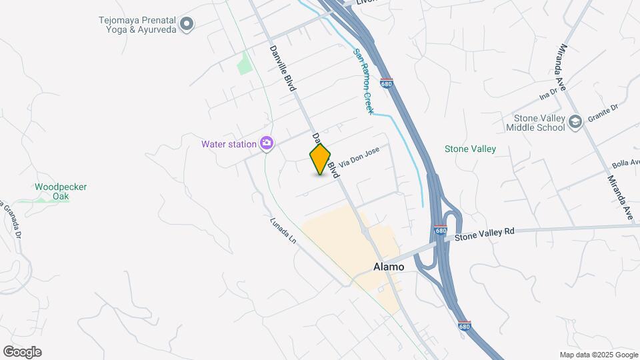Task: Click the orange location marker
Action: (320, 159)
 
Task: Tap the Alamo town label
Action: (388, 267)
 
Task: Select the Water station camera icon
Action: (267, 144)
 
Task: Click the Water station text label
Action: (229, 144)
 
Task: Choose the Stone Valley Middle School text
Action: (535, 123)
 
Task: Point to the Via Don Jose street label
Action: (359, 157)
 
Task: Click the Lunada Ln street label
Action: (283, 231)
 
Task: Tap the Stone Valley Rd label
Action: (485, 233)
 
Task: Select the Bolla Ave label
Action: (625, 164)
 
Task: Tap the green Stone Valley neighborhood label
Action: (470, 149)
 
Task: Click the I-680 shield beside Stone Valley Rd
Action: (440, 231)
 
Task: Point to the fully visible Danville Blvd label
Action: (282, 67)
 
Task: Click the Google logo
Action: (23, 352)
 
